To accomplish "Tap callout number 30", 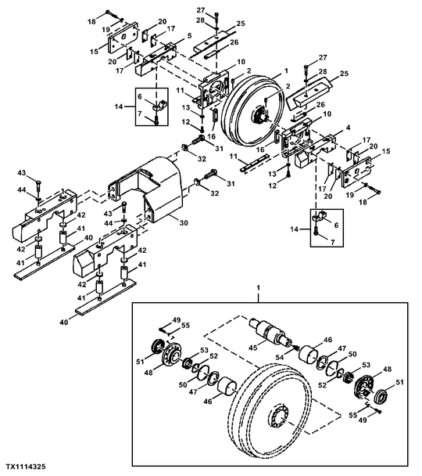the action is pyautogui.click(x=184, y=223).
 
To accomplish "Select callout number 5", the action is pyautogui.click(x=189, y=36).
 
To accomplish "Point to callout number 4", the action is pyautogui.click(x=349, y=128).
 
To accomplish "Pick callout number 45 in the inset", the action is pyautogui.click(x=252, y=348).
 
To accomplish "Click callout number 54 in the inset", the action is pyautogui.click(x=280, y=357).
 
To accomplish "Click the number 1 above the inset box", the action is pyautogui.click(x=258, y=287).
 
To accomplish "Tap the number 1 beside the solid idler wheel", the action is pyautogui.click(x=286, y=71).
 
